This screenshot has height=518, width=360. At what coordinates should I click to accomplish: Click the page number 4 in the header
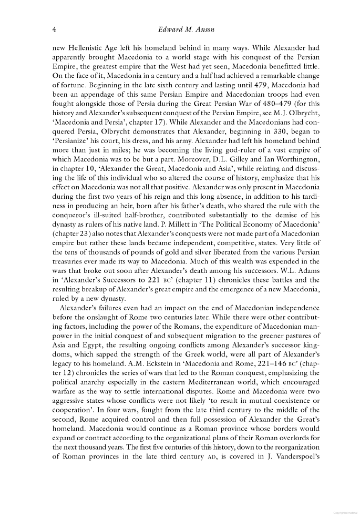click(55, 28)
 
